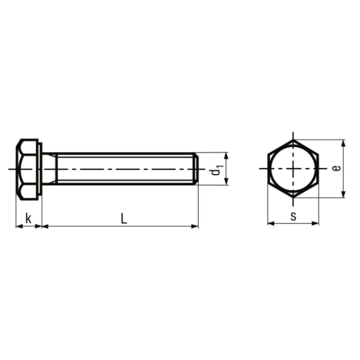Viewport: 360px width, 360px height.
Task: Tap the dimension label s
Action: (x=293, y=216)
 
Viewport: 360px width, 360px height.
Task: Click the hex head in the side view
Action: (x=26, y=170)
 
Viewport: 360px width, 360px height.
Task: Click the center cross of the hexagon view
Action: (x=293, y=169)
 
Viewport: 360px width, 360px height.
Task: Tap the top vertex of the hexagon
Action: (x=293, y=140)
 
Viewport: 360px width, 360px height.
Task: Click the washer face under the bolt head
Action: (x=40, y=170)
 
